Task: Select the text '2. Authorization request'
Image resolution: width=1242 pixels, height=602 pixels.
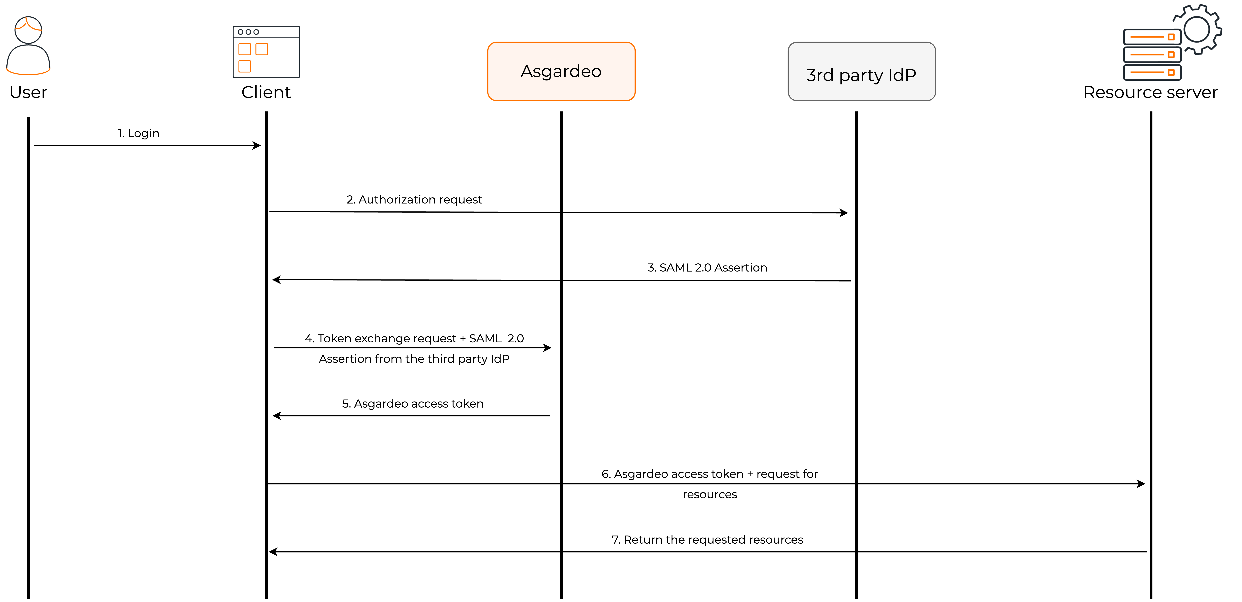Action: (x=414, y=200)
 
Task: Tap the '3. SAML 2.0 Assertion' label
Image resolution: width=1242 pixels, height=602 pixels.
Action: (x=707, y=268)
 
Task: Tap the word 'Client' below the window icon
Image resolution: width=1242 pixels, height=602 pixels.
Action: (x=266, y=92)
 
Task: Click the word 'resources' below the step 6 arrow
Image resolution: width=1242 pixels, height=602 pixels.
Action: (x=710, y=494)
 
